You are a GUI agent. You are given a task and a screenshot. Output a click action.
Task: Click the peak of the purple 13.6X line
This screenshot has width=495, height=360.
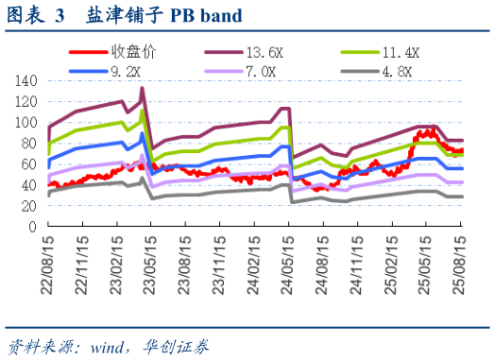coord(142,89)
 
